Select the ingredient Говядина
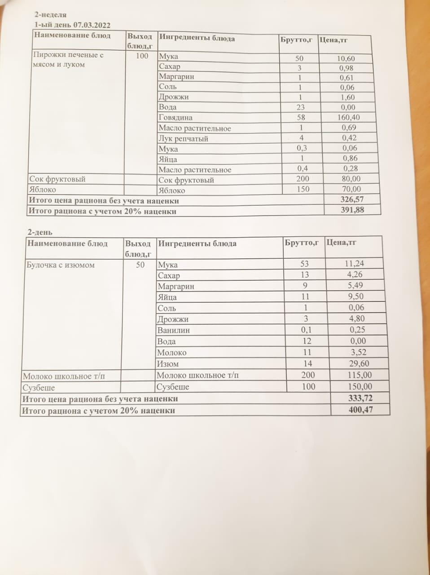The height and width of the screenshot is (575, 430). (x=176, y=118)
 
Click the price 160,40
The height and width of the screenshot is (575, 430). (x=348, y=117)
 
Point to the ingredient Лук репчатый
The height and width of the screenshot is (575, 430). (x=183, y=139)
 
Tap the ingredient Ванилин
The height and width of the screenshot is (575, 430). (x=174, y=330)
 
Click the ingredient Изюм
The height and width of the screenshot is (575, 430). (x=168, y=364)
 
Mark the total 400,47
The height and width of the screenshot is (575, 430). (x=360, y=409)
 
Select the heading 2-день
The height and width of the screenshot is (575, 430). (x=39, y=232)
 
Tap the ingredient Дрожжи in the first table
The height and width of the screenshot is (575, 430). (x=173, y=97)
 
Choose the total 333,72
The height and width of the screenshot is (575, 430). (x=360, y=398)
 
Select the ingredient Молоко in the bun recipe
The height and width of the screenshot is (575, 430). (x=171, y=353)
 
